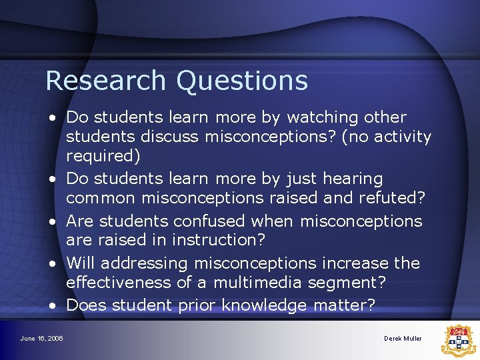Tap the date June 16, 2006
coord(41,339)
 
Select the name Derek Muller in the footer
coord(403,339)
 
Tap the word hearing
coord(353,179)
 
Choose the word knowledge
coord(263,305)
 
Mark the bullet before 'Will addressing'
coord(51,263)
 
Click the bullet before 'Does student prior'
coord(51,305)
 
